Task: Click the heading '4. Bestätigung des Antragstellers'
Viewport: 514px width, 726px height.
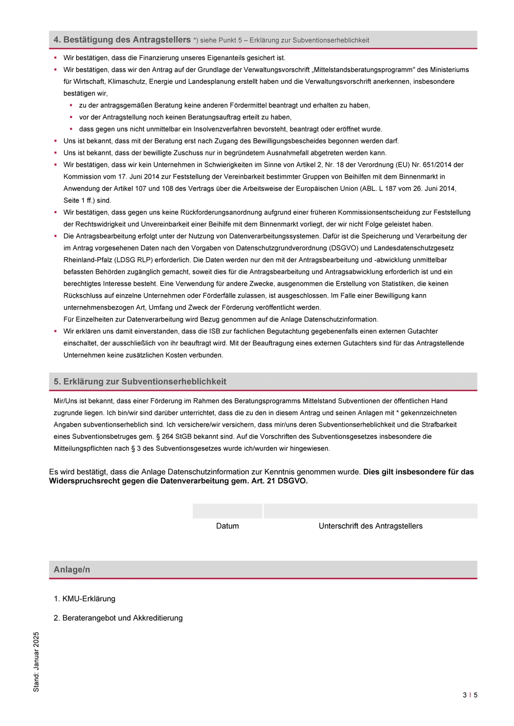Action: [x=122, y=40]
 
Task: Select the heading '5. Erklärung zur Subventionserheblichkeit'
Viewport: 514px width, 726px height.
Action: [x=140, y=381]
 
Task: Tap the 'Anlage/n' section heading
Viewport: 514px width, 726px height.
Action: [x=72, y=569]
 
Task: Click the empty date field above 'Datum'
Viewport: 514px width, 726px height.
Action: [x=227, y=511]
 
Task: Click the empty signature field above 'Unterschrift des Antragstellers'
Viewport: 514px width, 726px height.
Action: [x=370, y=511]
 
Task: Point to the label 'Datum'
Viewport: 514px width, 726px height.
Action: [x=227, y=526]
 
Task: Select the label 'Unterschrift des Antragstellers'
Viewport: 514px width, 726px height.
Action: [x=370, y=526]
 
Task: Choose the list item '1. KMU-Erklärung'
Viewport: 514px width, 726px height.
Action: [x=84, y=599]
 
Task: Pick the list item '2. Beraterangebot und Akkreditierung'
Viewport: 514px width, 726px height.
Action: [x=118, y=618]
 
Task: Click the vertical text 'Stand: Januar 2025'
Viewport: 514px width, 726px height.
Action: [x=36, y=662]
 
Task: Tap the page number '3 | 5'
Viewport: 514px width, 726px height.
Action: [x=470, y=695]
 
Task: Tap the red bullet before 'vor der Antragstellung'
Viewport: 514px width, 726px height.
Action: [x=71, y=117]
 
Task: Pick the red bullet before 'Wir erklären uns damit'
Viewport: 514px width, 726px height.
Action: [x=56, y=331]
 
